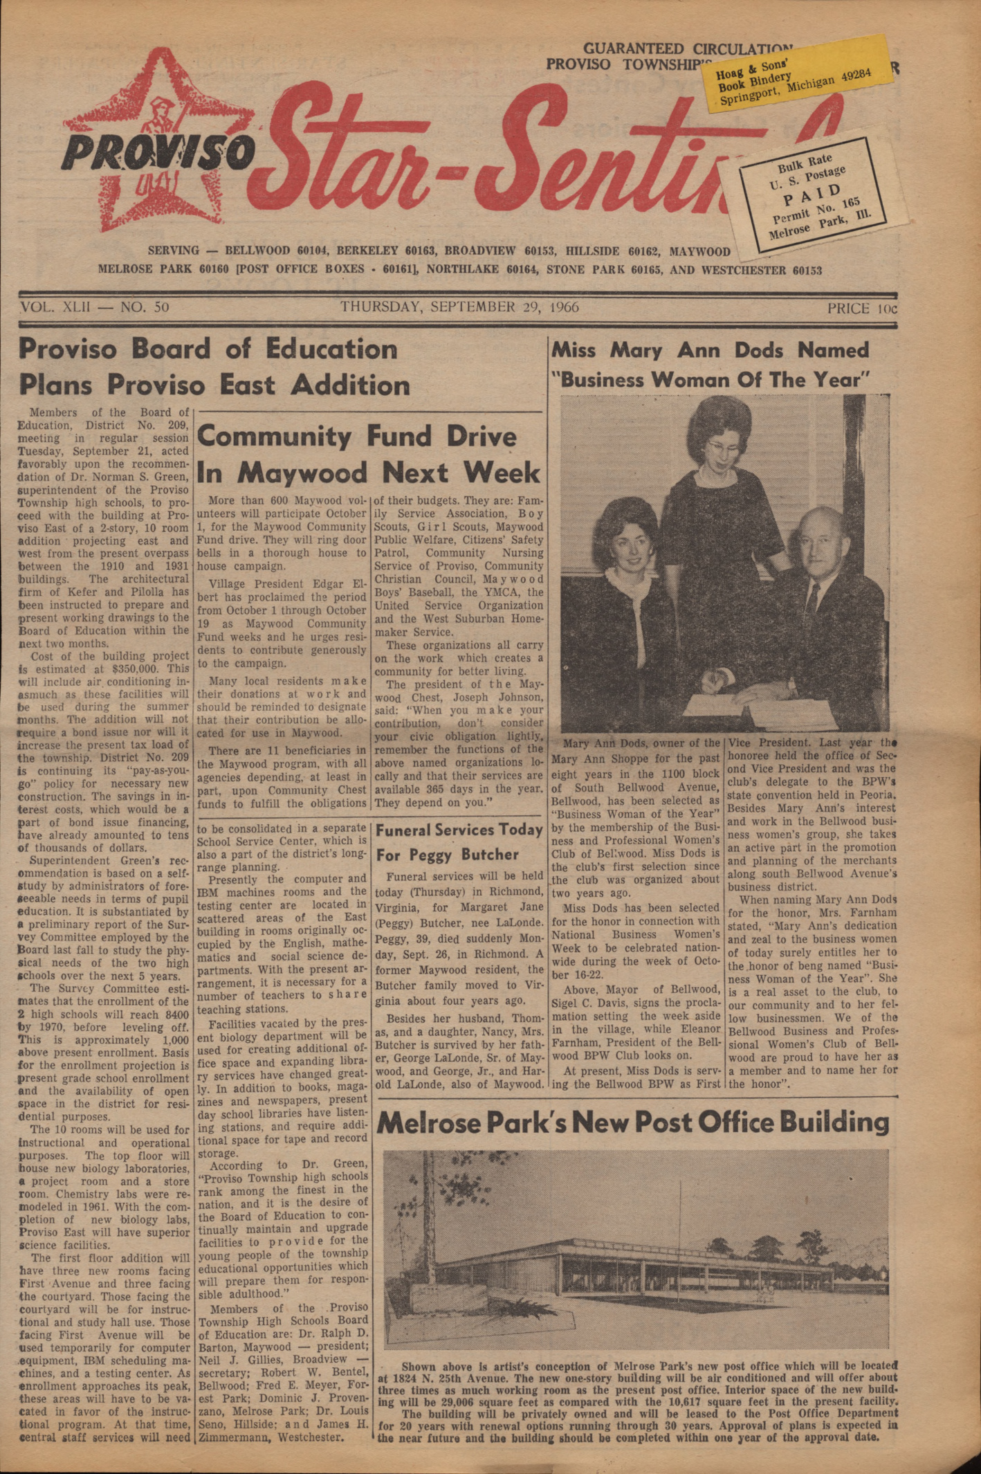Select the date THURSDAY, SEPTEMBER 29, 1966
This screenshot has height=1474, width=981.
[459, 307]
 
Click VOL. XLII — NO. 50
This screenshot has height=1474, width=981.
[95, 307]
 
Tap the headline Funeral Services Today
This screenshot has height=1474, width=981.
[459, 830]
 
